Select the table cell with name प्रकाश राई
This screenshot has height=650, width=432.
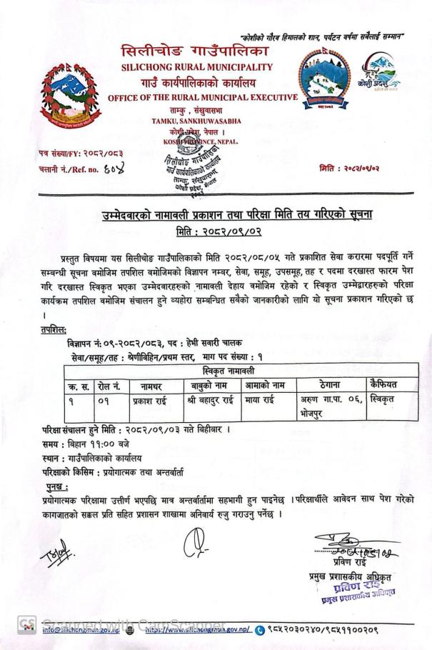(x=151, y=401)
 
